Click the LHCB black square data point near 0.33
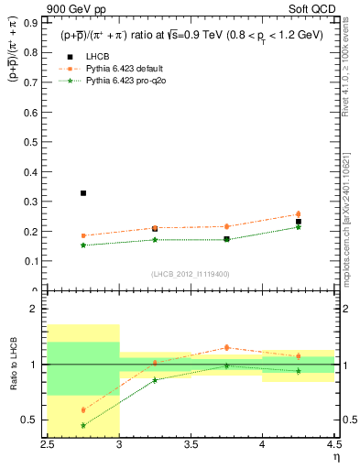click(83, 193)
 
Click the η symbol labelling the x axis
click(336, 455)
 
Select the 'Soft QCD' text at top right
click(317, 11)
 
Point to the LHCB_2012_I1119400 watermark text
click(190, 274)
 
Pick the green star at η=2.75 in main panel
click(83, 245)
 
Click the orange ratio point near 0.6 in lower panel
click(83, 410)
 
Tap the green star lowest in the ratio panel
click(83, 425)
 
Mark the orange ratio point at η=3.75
click(226, 347)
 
